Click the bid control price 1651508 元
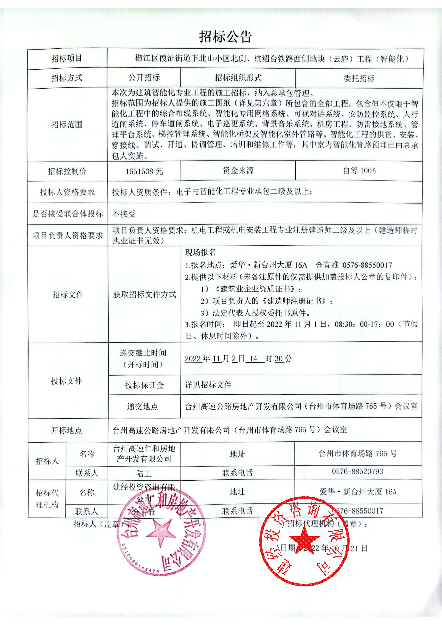(144, 171)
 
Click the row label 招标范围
(67, 125)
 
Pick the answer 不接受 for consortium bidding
(124, 214)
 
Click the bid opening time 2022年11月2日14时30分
(238, 358)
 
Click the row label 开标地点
(67, 430)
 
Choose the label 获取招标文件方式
(145, 294)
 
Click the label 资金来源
(238, 171)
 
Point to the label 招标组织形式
(238, 78)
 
